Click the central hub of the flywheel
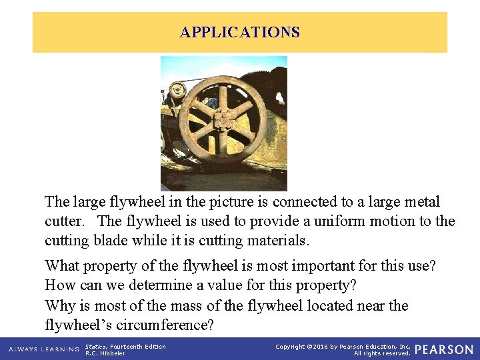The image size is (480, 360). [222, 121]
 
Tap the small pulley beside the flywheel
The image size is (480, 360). [177, 88]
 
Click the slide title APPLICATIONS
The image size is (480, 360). [240, 32]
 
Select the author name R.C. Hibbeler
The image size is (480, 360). [105, 353]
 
